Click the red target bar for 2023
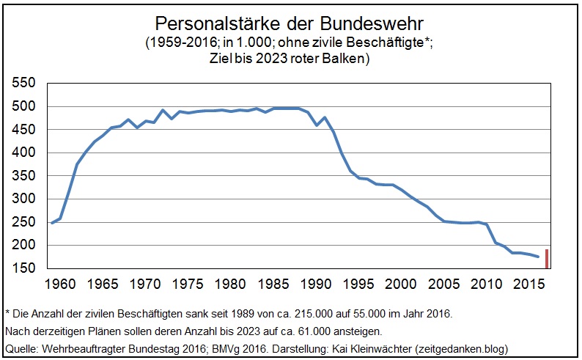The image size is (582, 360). click(x=546, y=259)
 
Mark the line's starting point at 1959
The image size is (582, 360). click(x=52, y=223)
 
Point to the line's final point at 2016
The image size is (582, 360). click(x=538, y=257)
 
